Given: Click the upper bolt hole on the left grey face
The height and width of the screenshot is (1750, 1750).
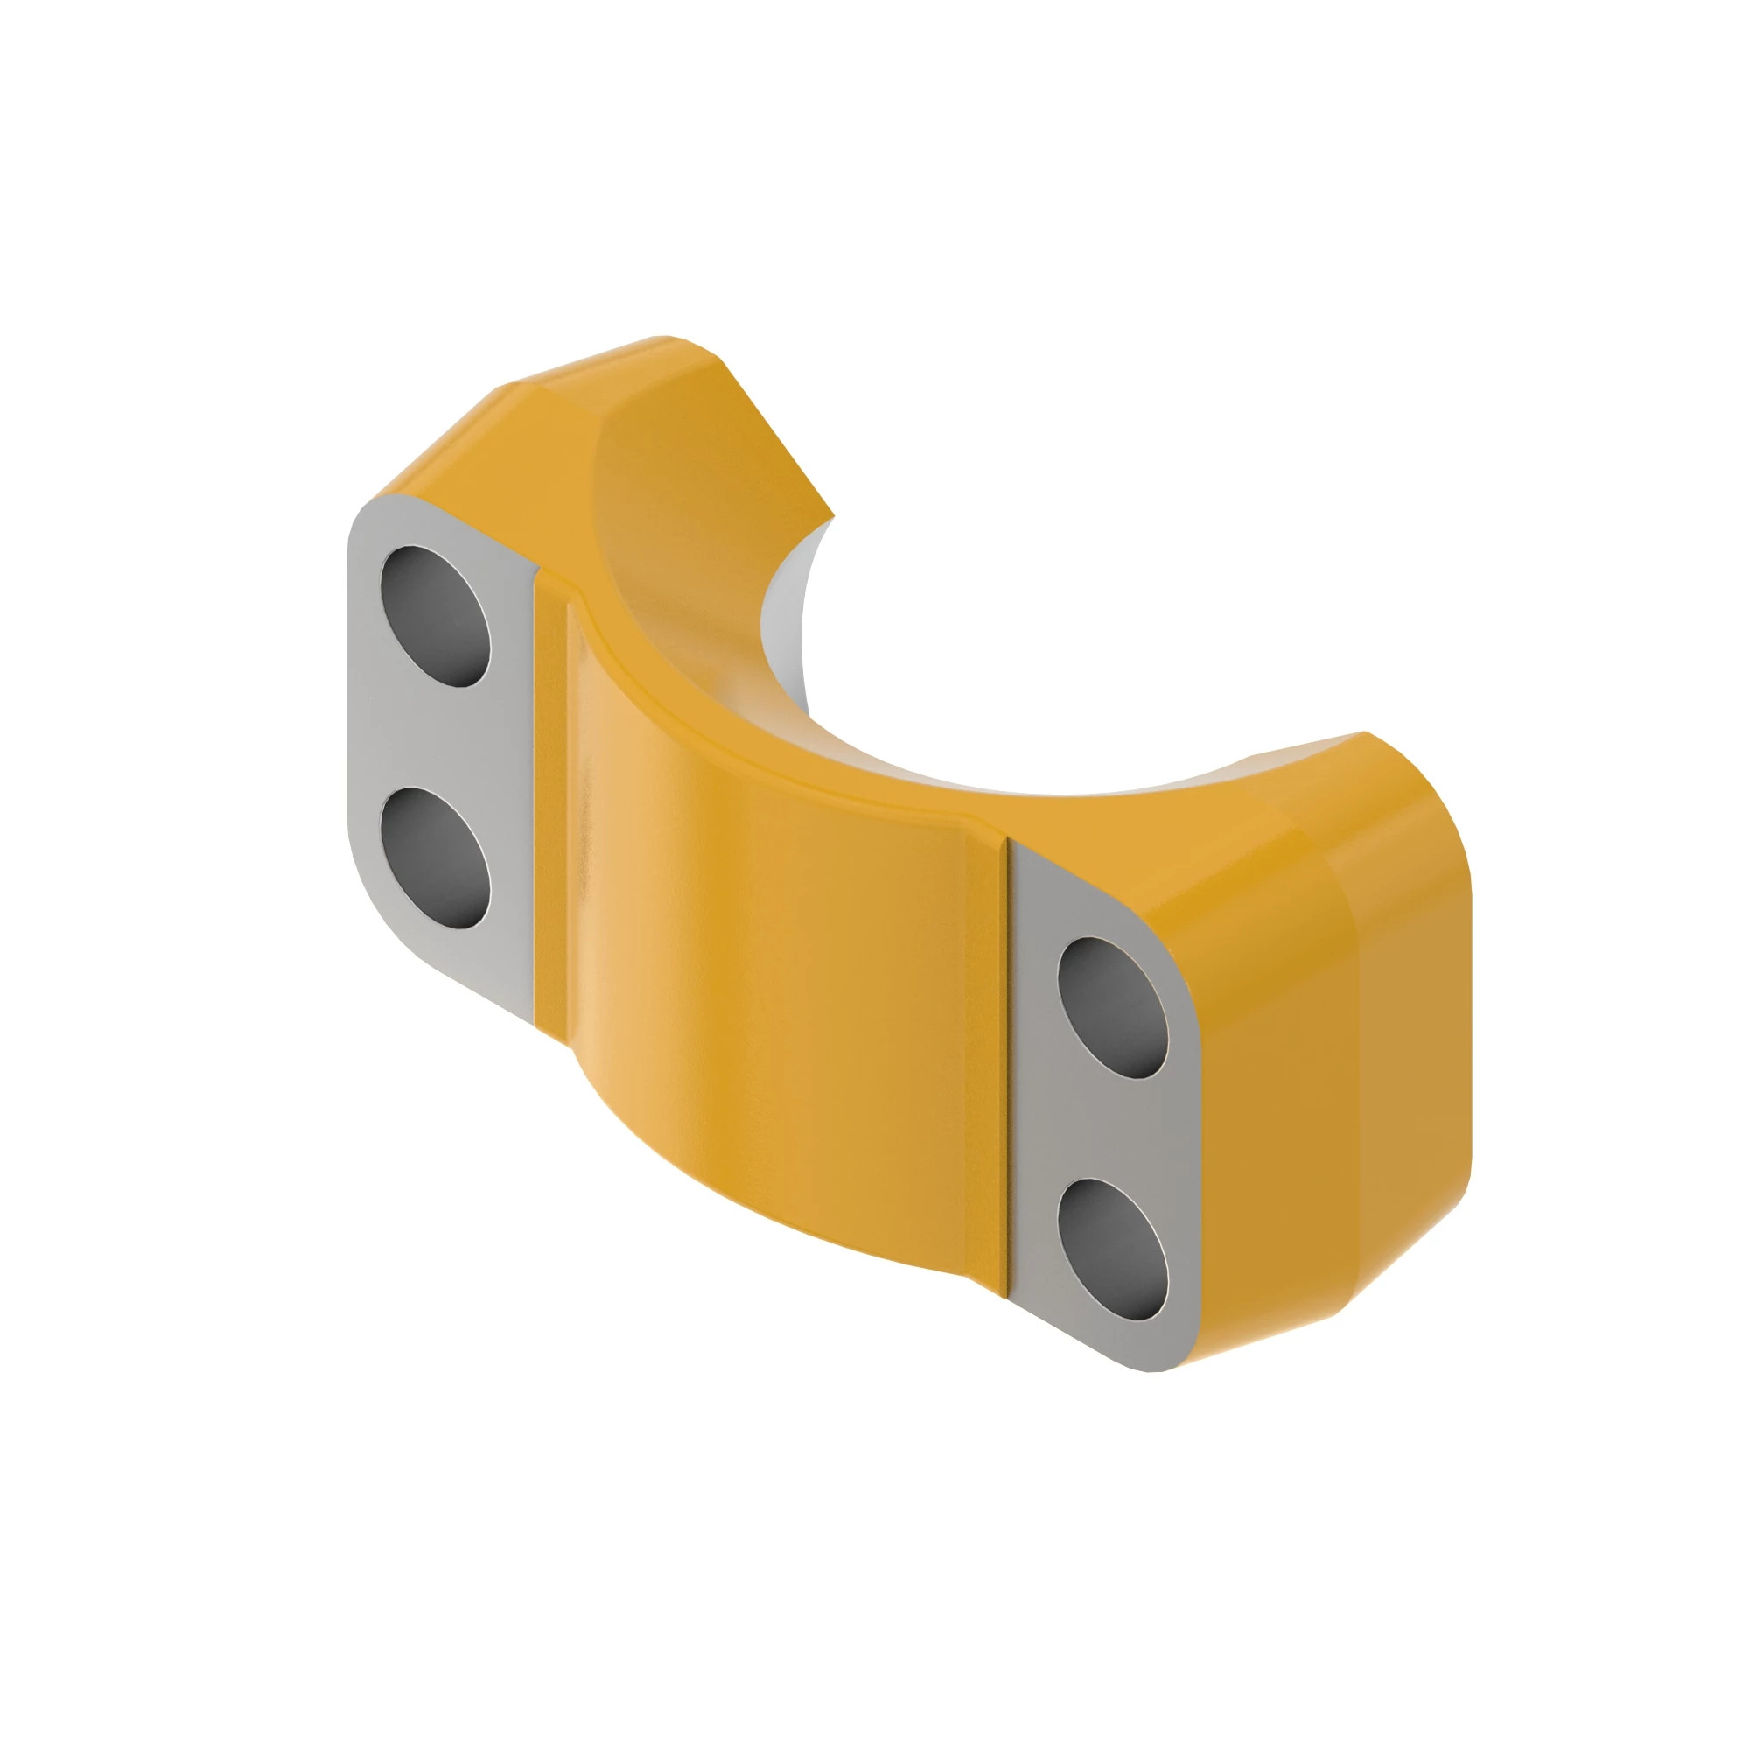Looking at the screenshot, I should (x=436, y=616).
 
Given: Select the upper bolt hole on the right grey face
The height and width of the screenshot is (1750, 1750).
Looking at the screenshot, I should (x=1112, y=1006).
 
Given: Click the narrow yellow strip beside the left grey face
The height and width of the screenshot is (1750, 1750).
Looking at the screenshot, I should (x=549, y=797).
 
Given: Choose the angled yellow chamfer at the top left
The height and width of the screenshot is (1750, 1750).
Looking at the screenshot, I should (x=435, y=444).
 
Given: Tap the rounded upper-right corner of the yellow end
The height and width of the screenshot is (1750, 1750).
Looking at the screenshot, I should (x=1422, y=797).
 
